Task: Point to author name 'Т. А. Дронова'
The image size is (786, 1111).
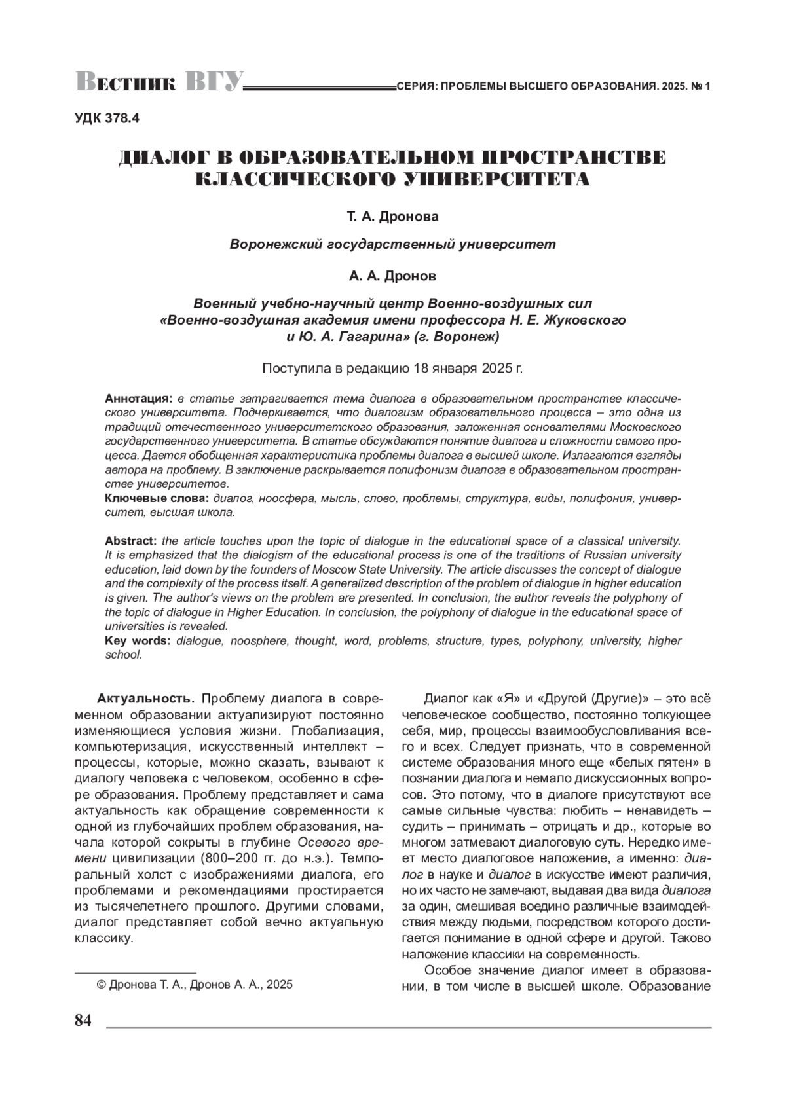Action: point(392,215)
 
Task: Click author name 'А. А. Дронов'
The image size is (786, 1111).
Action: point(392,276)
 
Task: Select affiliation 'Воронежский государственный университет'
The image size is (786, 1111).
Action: point(392,244)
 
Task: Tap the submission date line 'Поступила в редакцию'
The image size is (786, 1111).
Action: point(392,368)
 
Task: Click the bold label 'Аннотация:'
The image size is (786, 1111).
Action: point(139,399)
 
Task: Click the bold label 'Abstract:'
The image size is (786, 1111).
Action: point(130,541)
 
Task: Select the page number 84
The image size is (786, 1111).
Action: point(83,1021)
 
